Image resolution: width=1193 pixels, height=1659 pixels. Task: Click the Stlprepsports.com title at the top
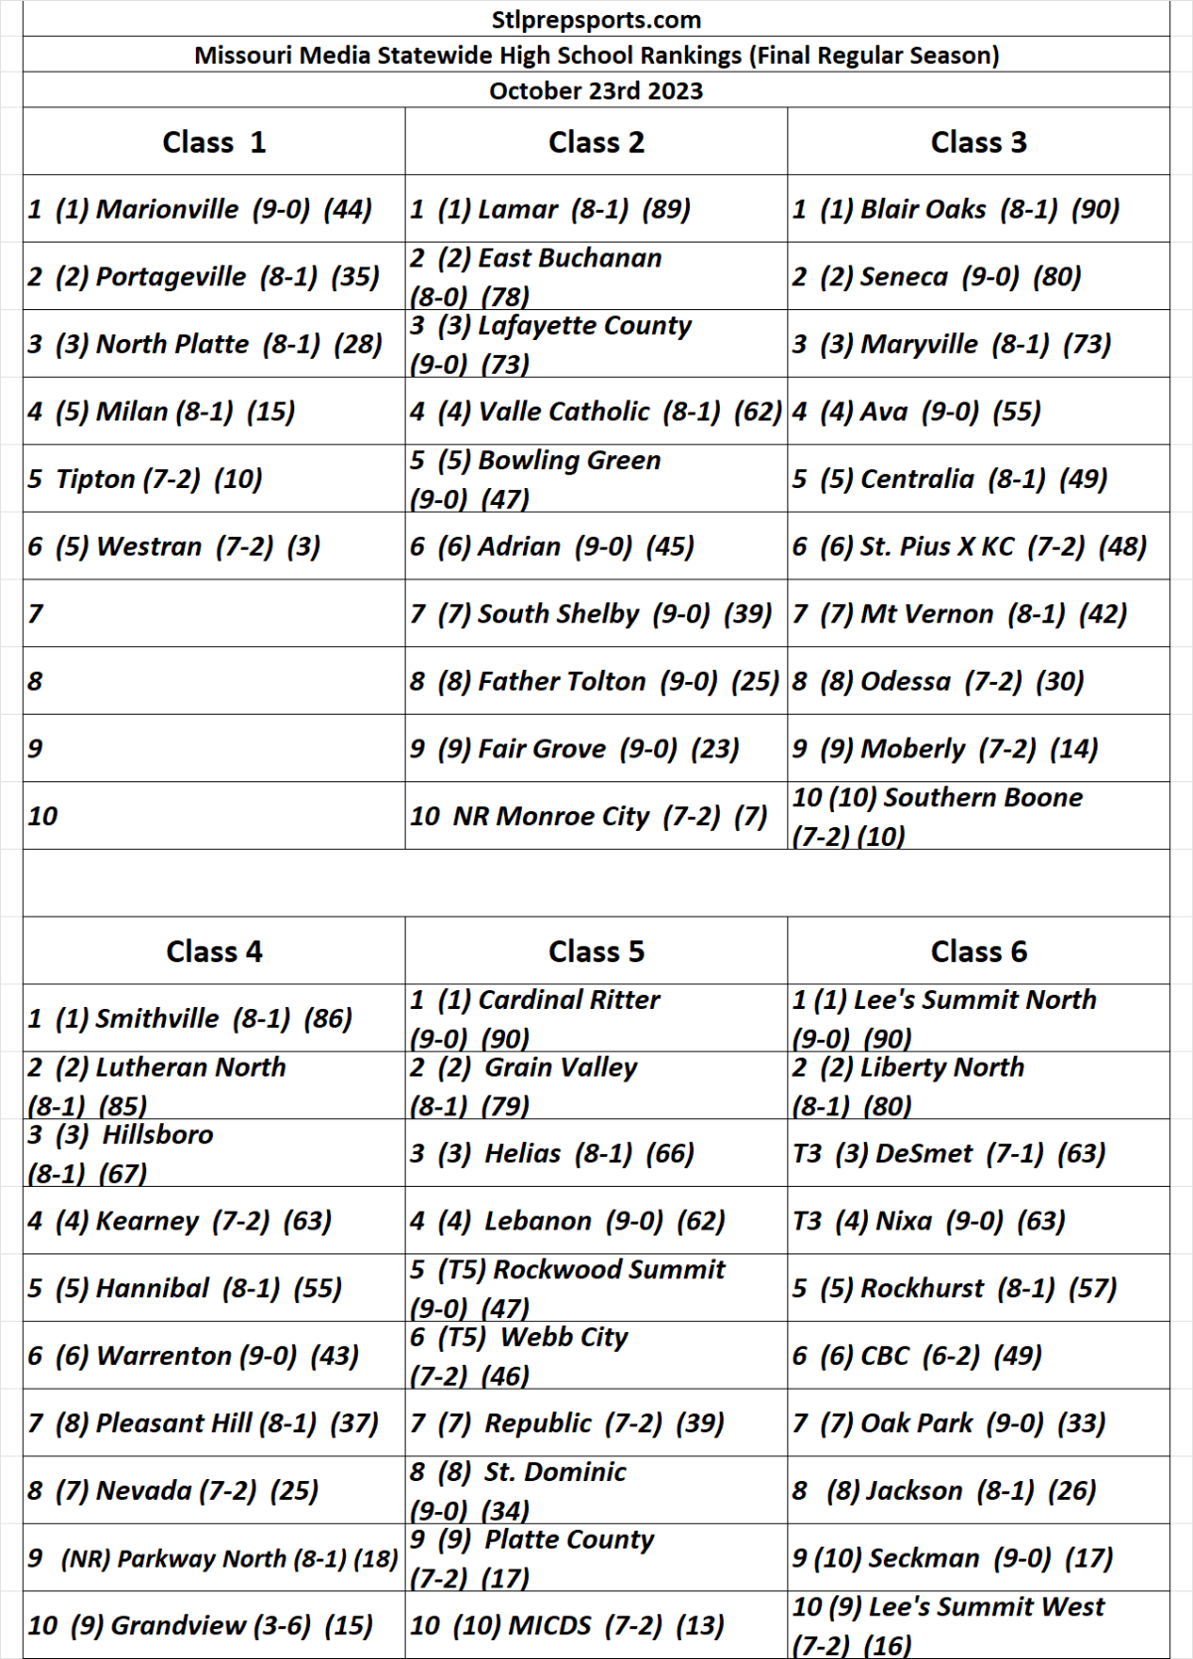[596, 20]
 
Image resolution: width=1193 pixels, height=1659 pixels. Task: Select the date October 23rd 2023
[596, 90]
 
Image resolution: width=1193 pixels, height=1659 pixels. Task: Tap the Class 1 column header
[214, 142]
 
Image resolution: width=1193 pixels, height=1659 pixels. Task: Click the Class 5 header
[596, 951]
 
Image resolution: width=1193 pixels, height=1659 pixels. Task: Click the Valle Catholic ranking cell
[596, 412]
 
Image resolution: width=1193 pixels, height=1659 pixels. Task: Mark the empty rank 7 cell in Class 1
[214, 613]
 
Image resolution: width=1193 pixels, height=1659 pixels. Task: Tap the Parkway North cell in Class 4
[213, 1559]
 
